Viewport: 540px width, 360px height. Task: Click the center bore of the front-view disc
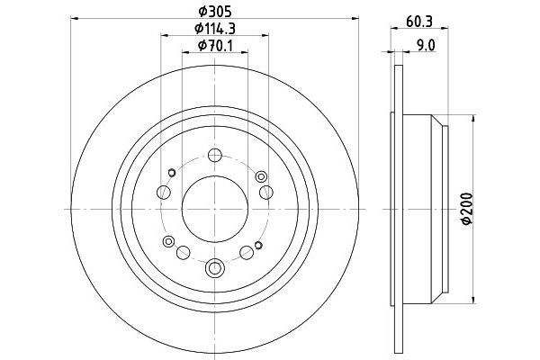(214, 207)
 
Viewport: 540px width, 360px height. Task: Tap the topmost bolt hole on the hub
(214, 155)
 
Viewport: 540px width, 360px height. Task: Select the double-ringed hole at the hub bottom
(214, 267)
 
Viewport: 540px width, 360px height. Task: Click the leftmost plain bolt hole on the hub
(163, 192)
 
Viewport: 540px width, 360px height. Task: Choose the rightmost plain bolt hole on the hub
(266, 192)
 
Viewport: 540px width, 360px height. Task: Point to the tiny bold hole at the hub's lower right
(257, 245)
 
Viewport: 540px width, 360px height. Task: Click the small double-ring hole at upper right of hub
(261, 175)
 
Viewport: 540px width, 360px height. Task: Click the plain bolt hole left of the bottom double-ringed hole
(183, 252)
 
